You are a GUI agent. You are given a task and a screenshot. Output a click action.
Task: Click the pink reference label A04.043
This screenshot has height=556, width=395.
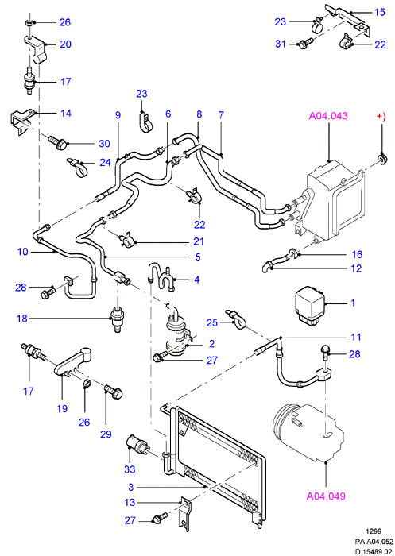pyautogui.click(x=328, y=116)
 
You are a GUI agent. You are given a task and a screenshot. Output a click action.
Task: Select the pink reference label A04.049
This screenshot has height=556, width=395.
pyautogui.click(x=326, y=496)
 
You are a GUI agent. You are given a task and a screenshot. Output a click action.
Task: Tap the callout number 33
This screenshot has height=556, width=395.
pyautogui.click(x=130, y=469)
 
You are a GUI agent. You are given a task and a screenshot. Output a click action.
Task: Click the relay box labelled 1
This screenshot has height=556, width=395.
pyautogui.click(x=311, y=307)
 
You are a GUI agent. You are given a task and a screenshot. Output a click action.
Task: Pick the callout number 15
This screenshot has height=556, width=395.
pyautogui.click(x=379, y=12)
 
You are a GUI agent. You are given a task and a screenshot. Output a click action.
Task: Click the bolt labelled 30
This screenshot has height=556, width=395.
pyautogui.click(x=57, y=142)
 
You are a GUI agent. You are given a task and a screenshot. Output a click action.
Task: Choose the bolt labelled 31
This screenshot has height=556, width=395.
pyautogui.click(x=305, y=44)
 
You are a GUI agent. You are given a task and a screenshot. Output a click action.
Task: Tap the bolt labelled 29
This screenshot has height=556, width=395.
pyautogui.click(x=114, y=392)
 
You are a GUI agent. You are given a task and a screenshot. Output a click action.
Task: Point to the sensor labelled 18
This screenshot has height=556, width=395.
pyautogui.click(x=117, y=319)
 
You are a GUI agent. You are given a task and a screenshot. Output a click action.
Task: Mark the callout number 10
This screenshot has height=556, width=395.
pyautogui.click(x=23, y=252)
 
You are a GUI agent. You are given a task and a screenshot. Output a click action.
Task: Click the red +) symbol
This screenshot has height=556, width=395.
pyautogui.click(x=381, y=116)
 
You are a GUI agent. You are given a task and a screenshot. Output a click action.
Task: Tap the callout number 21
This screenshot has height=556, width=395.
pyautogui.click(x=199, y=241)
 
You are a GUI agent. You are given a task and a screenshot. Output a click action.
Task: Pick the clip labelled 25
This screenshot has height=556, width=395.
pyautogui.click(x=235, y=319)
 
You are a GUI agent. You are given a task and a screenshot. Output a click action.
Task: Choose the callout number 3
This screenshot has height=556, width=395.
pyautogui.click(x=131, y=487)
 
